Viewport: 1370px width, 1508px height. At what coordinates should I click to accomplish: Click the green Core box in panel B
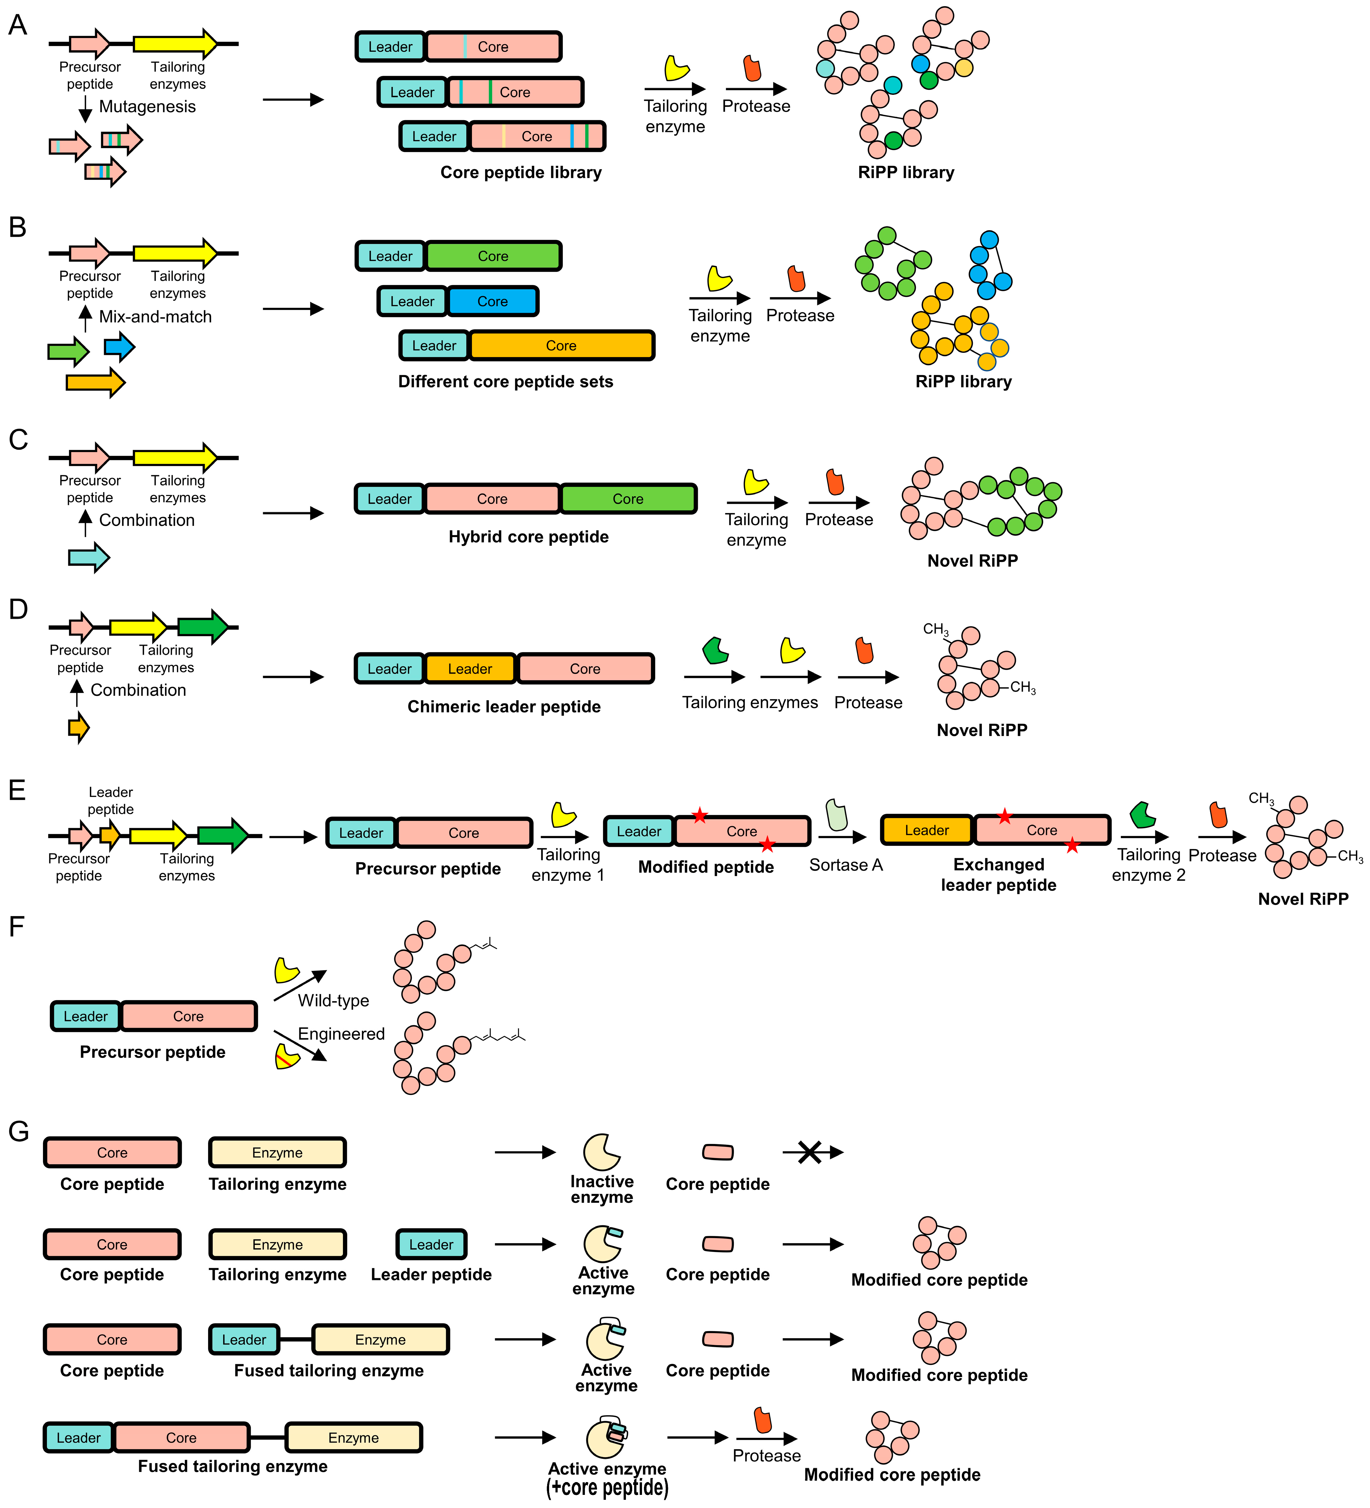tap(493, 256)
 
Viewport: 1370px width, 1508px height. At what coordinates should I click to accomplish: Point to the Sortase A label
tap(846, 865)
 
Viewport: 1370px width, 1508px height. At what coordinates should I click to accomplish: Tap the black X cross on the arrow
tap(809, 1152)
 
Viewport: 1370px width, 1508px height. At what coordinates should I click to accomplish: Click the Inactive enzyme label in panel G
tap(602, 1189)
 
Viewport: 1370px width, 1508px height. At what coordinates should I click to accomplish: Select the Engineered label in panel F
tap(341, 1034)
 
